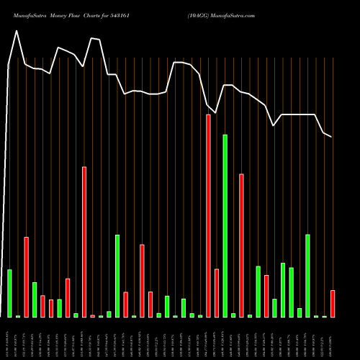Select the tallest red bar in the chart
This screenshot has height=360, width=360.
[x=208, y=216]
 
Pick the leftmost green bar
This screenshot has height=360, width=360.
[x=9, y=293]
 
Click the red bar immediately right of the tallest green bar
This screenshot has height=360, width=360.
[x=241, y=246]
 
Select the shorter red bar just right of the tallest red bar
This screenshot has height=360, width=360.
[x=216, y=293]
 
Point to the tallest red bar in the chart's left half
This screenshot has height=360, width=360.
[x=84, y=242]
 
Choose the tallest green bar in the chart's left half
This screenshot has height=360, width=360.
[x=117, y=276]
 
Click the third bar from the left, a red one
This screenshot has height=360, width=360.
[x=26, y=277]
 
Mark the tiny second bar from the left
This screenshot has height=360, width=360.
[x=18, y=316]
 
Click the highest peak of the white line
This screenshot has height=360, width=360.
[x=17, y=31]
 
